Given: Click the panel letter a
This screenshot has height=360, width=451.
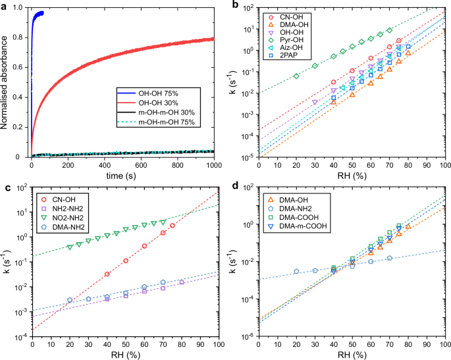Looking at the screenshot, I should (4, 6).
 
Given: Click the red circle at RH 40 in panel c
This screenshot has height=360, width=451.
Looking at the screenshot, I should (107, 274).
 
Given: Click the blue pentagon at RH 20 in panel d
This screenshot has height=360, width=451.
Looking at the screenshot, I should (296, 271).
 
